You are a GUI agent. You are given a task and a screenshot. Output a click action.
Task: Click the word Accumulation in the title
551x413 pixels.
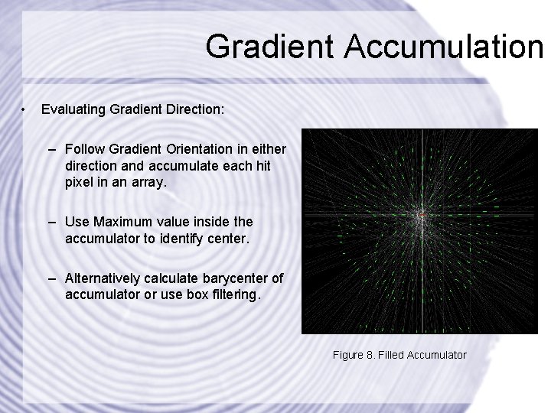click(442, 47)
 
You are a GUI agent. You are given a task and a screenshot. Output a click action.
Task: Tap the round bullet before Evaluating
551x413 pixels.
click(25, 109)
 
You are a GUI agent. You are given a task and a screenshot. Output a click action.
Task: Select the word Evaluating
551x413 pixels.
click(73, 109)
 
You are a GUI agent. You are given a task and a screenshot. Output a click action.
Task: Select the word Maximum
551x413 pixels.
click(124, 222)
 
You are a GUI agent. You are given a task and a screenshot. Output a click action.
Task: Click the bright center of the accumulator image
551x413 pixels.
click(419, 216)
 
